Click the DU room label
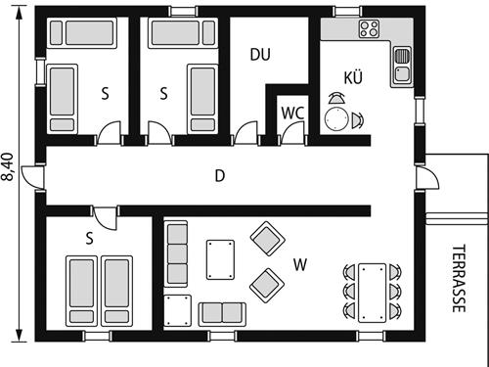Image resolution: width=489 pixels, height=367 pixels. (x=259, y=55)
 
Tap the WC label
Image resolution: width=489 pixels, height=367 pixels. (x=292, y=113)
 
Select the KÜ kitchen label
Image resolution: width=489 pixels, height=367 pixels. (x=353, y=77)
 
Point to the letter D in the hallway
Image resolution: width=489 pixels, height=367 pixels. (x=220, y=176)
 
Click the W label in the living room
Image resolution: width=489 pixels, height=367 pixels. (x=301, y=263)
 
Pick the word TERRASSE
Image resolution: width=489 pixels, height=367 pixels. (x=459, y=278)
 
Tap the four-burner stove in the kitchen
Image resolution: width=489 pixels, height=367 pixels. (x=369, y=29)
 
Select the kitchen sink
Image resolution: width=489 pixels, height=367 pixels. (x=402, y=67)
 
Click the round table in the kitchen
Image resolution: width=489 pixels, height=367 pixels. (x=336, y=118)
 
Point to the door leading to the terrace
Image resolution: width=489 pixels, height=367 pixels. (x=426, y=177)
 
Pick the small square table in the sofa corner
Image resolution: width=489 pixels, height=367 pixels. (x=177, y=310)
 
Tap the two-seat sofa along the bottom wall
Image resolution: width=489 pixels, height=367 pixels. (x=222, y=312)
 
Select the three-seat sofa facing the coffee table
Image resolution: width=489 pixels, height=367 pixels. (x=176, y=253)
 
